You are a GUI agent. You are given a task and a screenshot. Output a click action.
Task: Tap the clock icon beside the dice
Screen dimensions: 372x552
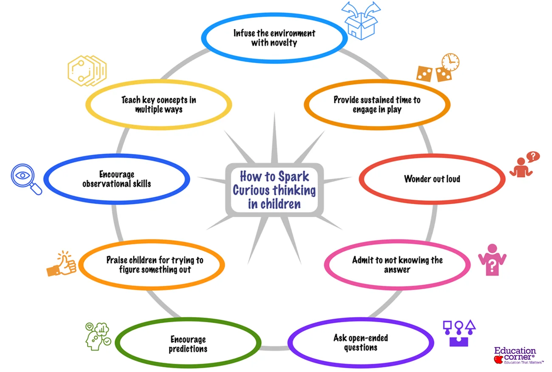[450, 62]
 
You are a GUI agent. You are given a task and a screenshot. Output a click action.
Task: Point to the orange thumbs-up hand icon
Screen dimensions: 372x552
[62, 264]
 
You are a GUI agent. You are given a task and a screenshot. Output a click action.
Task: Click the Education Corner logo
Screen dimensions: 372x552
[514, 355]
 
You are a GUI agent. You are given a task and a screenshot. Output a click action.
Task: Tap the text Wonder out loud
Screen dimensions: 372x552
[432, 179]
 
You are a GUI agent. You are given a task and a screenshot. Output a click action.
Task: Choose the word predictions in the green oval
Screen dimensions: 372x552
[188, 349]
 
